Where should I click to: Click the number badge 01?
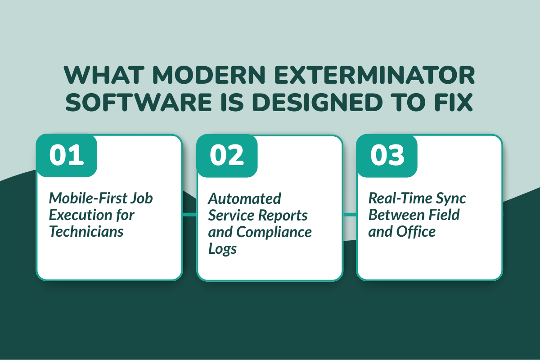pos(67,155)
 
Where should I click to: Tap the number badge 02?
pos(227,155)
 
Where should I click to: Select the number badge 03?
pos(387,155)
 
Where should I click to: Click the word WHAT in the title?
pos(100,76)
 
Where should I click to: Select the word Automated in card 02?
pos(244,198)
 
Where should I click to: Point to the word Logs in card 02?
pos(222,249)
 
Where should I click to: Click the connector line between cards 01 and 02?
pos(189,215)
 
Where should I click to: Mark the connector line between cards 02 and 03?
pos(350,215)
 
